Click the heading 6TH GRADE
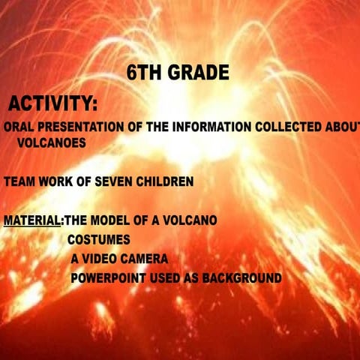177,73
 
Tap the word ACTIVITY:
52,103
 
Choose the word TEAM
18,181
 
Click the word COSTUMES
99,241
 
